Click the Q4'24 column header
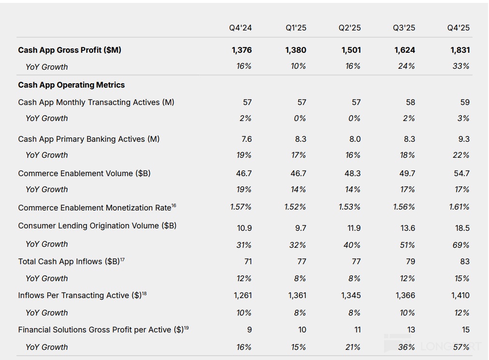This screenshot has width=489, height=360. tap(240, 28)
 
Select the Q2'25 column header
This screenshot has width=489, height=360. tap(349, 28)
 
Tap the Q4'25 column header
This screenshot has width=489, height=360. tap(458, 28)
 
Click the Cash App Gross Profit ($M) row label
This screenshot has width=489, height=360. tap(70, 50)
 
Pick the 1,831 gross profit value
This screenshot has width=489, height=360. tap(459, 50)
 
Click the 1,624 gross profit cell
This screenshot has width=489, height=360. tap(405, 50)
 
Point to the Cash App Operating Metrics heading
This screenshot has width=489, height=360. tap(72, 85)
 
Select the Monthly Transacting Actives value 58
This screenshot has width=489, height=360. tap(410, 102)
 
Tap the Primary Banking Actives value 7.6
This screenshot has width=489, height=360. tap(247, 139)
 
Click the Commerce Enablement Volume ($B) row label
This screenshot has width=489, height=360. tap(84, 173)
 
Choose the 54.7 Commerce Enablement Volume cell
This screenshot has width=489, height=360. tap(461, 173)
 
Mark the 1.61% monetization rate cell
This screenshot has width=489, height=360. tap(459, 207)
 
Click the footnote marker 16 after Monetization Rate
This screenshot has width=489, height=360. tap(174, 206)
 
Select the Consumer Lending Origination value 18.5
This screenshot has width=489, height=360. tap(461, 228)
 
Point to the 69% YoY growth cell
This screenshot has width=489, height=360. tap(460, 245)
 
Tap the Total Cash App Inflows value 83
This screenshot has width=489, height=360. tap(465, 261)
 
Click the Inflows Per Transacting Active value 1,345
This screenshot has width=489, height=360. tap(351, 295)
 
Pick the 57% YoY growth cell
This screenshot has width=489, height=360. tap(461, 347)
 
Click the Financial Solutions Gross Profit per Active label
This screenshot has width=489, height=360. tap(101, 330)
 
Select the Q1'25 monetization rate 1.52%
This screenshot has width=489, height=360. tap(295, 207)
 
